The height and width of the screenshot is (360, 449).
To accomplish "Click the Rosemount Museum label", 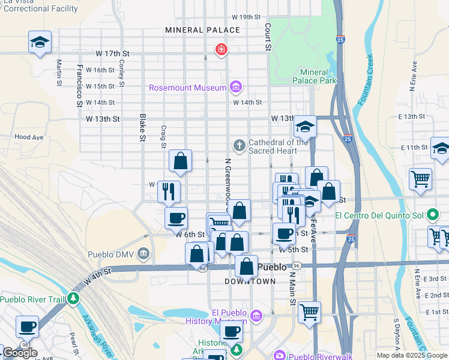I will (x=188, y=88).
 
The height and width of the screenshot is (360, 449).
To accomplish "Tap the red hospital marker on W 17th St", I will (x=221, y=49).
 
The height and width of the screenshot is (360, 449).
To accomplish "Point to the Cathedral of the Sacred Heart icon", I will (x=239, y=145).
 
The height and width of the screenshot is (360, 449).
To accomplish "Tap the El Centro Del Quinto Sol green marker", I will (x=432, y=215).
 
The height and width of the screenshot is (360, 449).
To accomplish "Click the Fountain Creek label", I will (x=366, y=80).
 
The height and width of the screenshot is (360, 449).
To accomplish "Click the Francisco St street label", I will (x=79, y=86).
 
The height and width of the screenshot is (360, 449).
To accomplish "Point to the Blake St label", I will (x=143, y=128).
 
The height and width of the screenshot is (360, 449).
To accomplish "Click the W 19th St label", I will (x=247, y=17).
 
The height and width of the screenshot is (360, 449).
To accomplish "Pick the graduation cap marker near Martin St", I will (x=40, y=42).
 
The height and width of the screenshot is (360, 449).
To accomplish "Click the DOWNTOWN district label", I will (x=250, y=281).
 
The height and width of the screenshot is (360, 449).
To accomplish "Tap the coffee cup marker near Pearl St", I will (x=27, y=327).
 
